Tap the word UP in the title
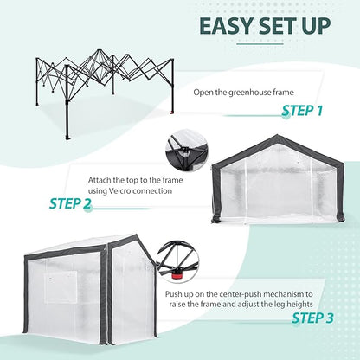[x=312, y=27]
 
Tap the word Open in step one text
[x=204, y=91]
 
